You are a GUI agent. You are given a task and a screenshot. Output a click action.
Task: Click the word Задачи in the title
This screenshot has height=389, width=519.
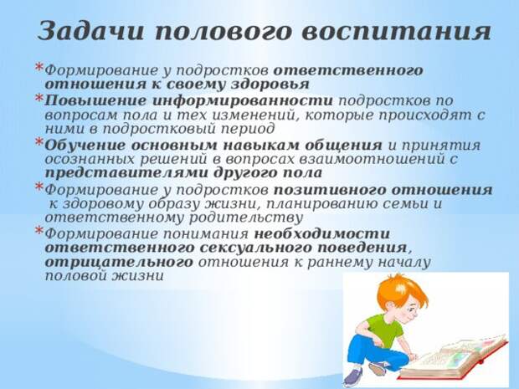tap(90, 32)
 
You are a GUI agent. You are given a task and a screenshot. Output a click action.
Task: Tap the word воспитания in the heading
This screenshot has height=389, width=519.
tap(397, 33)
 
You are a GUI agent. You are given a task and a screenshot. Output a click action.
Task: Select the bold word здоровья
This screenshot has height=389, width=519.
tap(270, 84)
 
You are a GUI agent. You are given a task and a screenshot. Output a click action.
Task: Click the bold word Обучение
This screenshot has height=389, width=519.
tap(85, 146)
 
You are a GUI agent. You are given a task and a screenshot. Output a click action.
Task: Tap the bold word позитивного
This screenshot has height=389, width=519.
tap(331, 190)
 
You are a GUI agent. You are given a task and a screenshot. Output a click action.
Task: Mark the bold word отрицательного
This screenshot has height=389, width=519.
tap(119, 262)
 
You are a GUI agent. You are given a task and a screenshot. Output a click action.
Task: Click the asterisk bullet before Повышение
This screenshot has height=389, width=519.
tap(39, 98)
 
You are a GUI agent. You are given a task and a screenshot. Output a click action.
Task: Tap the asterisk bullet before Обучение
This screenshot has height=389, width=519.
tap(39, 142)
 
